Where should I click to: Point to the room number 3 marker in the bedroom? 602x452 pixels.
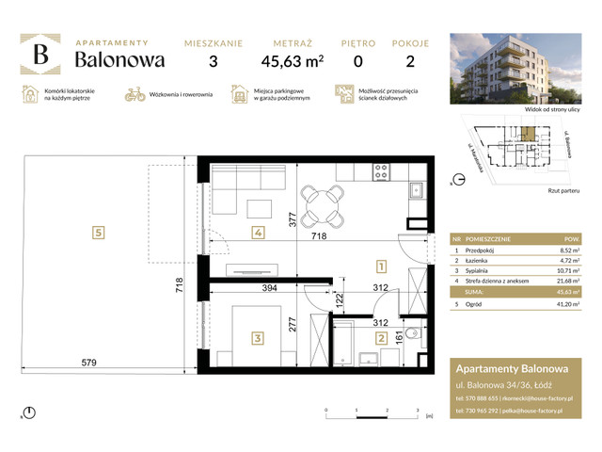pyautogui.click(x=256, y=335)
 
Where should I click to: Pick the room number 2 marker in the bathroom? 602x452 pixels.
pyautogui.click(x=381, y=338)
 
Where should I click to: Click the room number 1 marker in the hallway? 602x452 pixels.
pyautogui.click(x=381, y=266)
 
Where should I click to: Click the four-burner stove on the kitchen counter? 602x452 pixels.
pyautogui.click(x=382, y=172)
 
